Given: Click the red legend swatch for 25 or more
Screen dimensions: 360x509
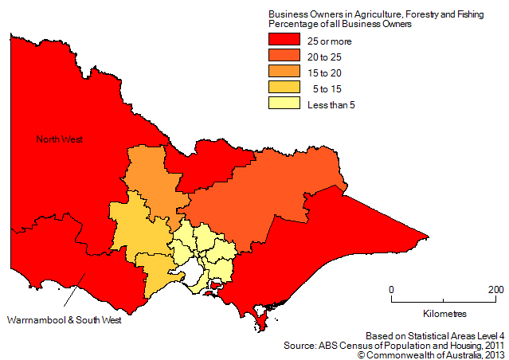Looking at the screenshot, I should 284,40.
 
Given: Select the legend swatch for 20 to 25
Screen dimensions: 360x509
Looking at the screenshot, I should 284,56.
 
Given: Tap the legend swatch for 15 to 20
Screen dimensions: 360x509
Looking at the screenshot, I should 284,71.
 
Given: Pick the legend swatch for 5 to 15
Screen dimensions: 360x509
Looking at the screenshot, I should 284,87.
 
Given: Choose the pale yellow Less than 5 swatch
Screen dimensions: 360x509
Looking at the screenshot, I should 284,103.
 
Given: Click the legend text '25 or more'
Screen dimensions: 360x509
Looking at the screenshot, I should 330,41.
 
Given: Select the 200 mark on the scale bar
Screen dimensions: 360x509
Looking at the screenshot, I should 495,289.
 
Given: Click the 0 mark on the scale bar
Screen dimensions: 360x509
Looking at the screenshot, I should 392,289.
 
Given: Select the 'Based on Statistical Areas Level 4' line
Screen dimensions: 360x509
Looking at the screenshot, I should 435,335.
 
